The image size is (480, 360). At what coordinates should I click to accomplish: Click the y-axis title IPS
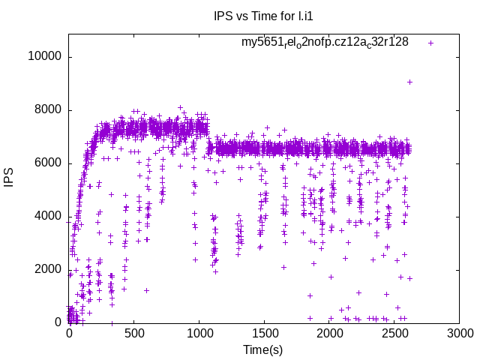10,178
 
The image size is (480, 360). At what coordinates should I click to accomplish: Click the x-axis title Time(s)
262,350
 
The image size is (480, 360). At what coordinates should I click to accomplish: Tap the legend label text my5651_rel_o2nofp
325,42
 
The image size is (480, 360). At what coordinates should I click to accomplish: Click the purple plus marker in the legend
430,43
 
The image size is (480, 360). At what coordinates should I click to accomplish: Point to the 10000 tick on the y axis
46,57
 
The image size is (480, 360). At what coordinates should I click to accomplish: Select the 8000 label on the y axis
49,110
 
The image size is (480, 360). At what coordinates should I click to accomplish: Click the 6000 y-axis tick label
49,163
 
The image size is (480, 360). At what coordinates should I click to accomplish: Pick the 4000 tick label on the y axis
49,217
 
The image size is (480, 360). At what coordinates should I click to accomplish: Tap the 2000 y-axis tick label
49,270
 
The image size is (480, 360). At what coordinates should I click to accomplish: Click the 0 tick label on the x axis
69,333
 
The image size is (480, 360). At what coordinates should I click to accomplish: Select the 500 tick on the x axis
133,333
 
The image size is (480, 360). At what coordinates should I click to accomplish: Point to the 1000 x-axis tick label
199,333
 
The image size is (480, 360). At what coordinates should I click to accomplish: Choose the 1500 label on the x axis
264,333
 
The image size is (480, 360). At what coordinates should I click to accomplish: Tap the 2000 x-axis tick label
328,333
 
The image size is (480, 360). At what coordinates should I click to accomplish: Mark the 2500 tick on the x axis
394,333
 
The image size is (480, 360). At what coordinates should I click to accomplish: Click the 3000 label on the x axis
459,333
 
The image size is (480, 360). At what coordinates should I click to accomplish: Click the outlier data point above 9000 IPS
409,82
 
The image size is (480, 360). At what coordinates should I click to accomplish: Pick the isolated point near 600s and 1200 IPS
147,290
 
